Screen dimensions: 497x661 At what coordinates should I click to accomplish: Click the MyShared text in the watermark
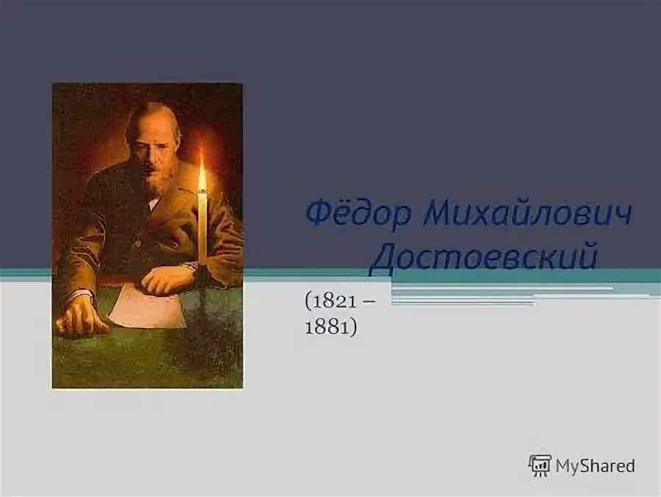(595, 465)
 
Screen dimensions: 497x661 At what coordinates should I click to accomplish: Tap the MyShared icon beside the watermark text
(540, 465)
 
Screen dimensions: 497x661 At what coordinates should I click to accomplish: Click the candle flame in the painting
(202, 176)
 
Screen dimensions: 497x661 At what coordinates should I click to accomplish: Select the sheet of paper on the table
(147, 307)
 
